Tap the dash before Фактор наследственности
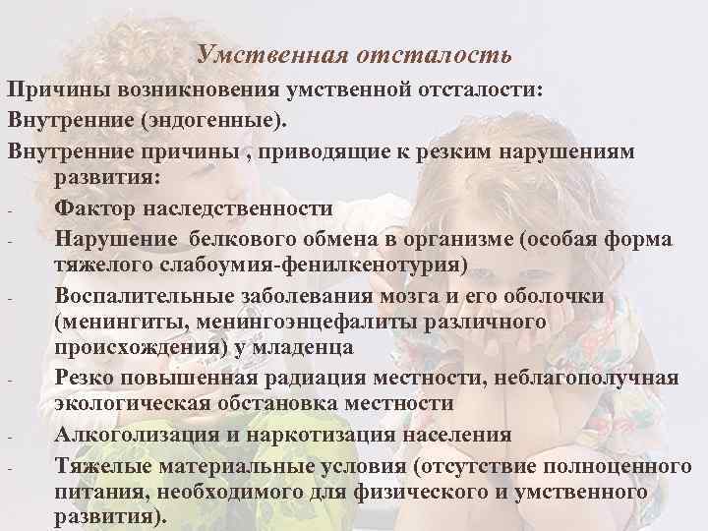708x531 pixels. point(8,211)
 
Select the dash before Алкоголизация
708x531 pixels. point(8,437)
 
